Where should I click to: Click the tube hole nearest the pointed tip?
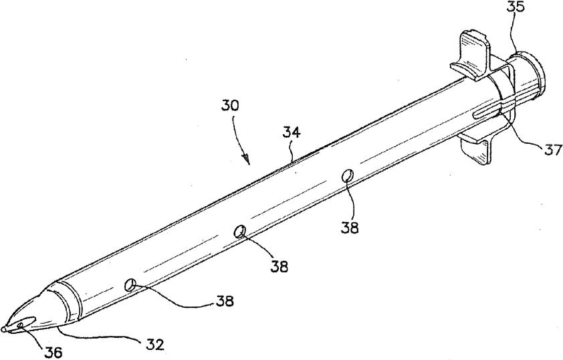point(130,286)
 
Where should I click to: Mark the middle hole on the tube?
point(239,232)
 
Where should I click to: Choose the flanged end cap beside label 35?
point(529,74)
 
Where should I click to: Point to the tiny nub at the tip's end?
point(5,329)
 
